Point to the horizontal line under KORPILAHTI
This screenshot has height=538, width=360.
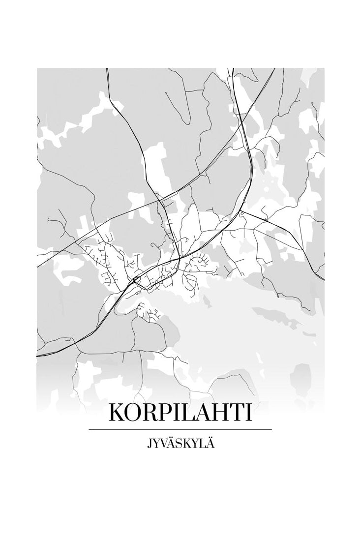click(x=180, y=429)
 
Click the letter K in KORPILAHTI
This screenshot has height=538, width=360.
click(x=117, y=413)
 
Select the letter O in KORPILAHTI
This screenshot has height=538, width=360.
click(x=135, y=413)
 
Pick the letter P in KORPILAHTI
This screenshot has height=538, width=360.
click(x=169, y=413)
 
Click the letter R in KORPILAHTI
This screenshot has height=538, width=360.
click(x=153, y=413)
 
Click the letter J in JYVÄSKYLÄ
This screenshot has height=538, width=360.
click(x=149, y=444)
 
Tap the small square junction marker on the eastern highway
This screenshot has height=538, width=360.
click(x=242, y=213)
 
